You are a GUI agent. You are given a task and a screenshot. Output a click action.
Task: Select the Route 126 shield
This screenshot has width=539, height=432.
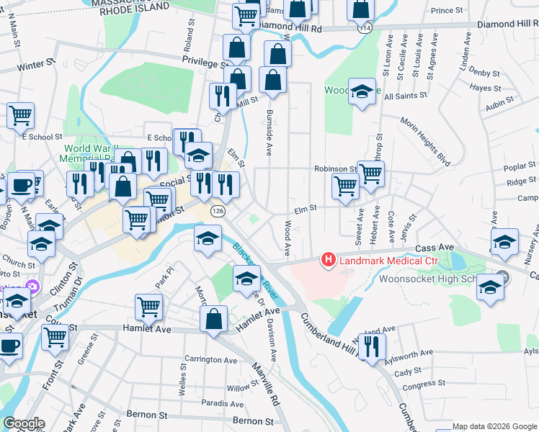[218, 212]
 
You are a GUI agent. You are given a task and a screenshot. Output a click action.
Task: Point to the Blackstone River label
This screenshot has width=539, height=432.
[256, 273]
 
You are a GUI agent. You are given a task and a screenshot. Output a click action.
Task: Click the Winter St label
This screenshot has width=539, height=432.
[31, 66]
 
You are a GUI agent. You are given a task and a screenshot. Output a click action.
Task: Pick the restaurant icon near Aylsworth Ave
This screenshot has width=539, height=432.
[372, 346]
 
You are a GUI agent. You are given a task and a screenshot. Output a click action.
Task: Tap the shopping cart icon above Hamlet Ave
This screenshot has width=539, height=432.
[148, 306]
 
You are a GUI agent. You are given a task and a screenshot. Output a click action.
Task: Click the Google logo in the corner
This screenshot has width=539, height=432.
[24, 424]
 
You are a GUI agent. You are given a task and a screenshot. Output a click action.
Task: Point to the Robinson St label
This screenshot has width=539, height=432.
[335, 169]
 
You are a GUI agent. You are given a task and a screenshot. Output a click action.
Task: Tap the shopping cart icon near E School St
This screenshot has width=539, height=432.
[21, 114]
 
